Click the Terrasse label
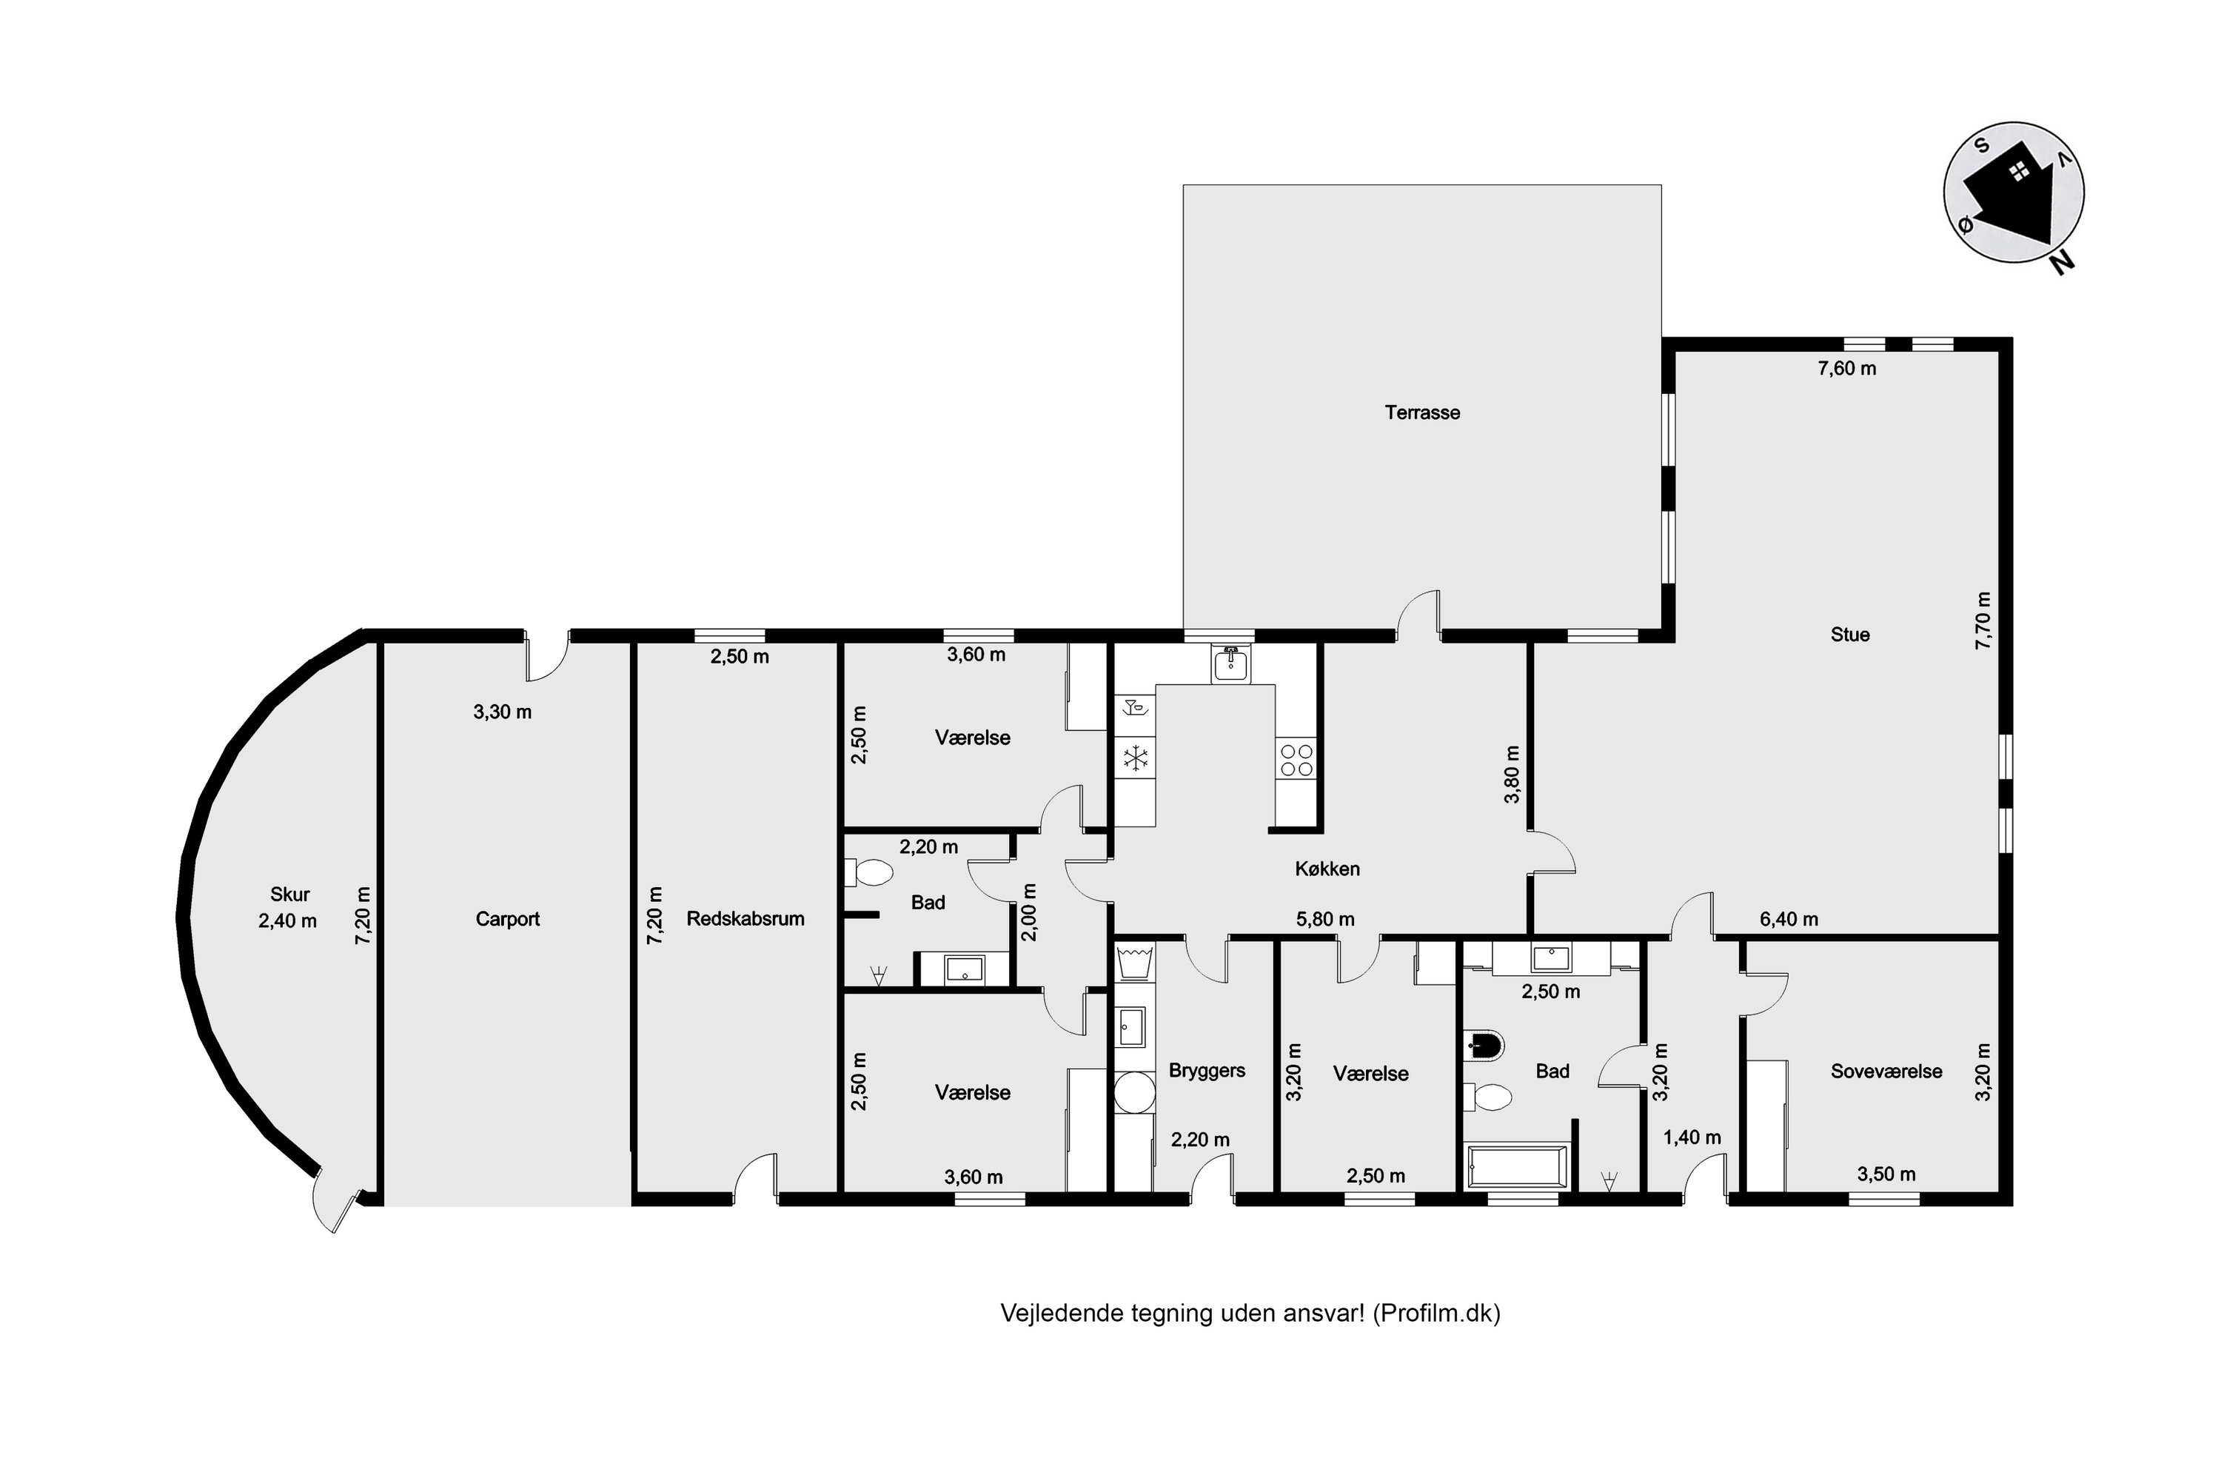tap(1422, 412)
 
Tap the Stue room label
tap(1850, 635)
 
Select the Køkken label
tap(1327, 869)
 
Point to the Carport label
tap(507, 919)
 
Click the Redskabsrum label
tap(745, 918)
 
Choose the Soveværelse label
tap(1886, 1071)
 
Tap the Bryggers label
tap(1207, 1071)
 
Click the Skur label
tap(289, 895)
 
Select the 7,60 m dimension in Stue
tap(1847, 368)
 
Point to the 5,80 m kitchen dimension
tap(1325, 919)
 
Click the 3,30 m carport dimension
tap(503, 712)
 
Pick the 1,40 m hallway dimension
tap(1691, 1138)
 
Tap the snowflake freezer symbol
tap(1134, 757)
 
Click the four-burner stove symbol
tap(1295, 760)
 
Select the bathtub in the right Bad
tap(1515, 1169)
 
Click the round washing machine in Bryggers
tap(1133, 1093)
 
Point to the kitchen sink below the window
tap(1230, 665)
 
